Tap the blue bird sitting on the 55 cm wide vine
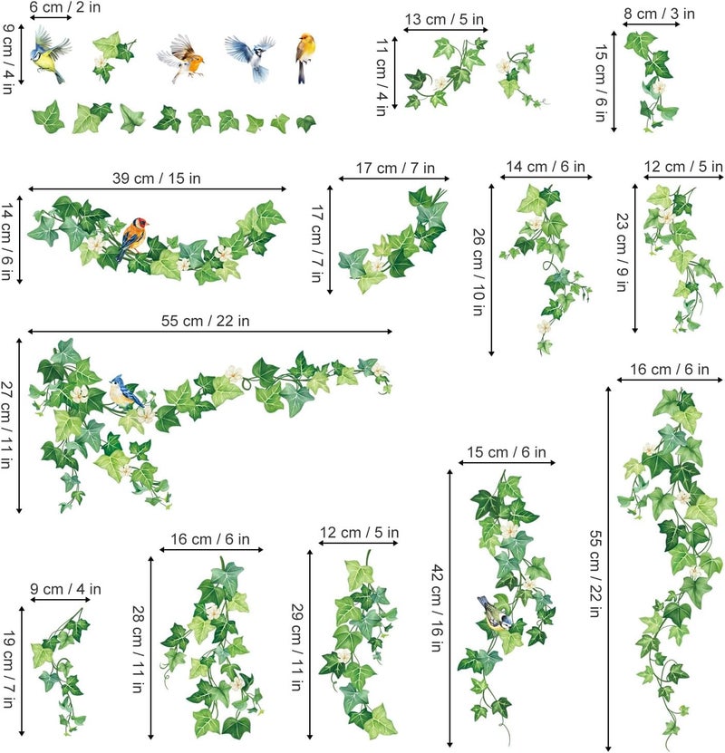coord(124,391)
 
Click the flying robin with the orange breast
coord(182,58)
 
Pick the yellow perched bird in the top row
coord(304,56)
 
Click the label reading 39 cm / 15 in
coord(157,179)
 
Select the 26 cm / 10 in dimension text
coord(478,271)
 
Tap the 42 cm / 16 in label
coord(437,608)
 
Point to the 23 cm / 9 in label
coord(623,252)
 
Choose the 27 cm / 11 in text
coord(6,424)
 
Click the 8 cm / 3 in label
coord(659,14)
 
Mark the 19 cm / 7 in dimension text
coord(9,670)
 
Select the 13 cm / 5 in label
coord(444,20)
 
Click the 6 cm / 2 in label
coord(65,7)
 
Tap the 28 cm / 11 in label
coord(139,649)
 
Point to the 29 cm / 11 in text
coord(297,647)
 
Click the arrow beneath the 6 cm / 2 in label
coord(51,18)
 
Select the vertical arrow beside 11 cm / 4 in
coord(395,72)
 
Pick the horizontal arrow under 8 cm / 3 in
coord(652,24)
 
